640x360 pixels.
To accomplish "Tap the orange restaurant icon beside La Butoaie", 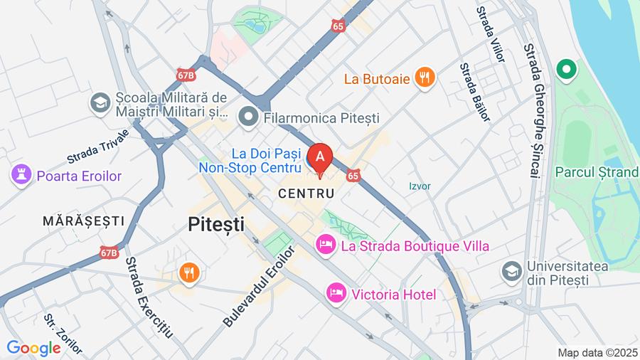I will [425, 78].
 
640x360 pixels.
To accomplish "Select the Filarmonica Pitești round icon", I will [248, 117].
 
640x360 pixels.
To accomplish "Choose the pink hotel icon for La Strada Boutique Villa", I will [326, 245].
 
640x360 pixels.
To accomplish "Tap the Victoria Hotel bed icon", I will [335, 292].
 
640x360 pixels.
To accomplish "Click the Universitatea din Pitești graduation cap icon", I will [511, 271].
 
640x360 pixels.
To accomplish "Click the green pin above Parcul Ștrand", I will [567, 70].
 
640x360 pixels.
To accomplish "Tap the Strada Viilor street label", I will [491, 32].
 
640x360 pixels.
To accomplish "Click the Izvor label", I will [420, 186].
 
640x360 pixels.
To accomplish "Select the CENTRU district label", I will [306, 194].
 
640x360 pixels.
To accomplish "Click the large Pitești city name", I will [216, 225].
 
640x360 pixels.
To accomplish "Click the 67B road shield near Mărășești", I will [109, 252].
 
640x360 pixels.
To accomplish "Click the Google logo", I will [33, 348].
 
